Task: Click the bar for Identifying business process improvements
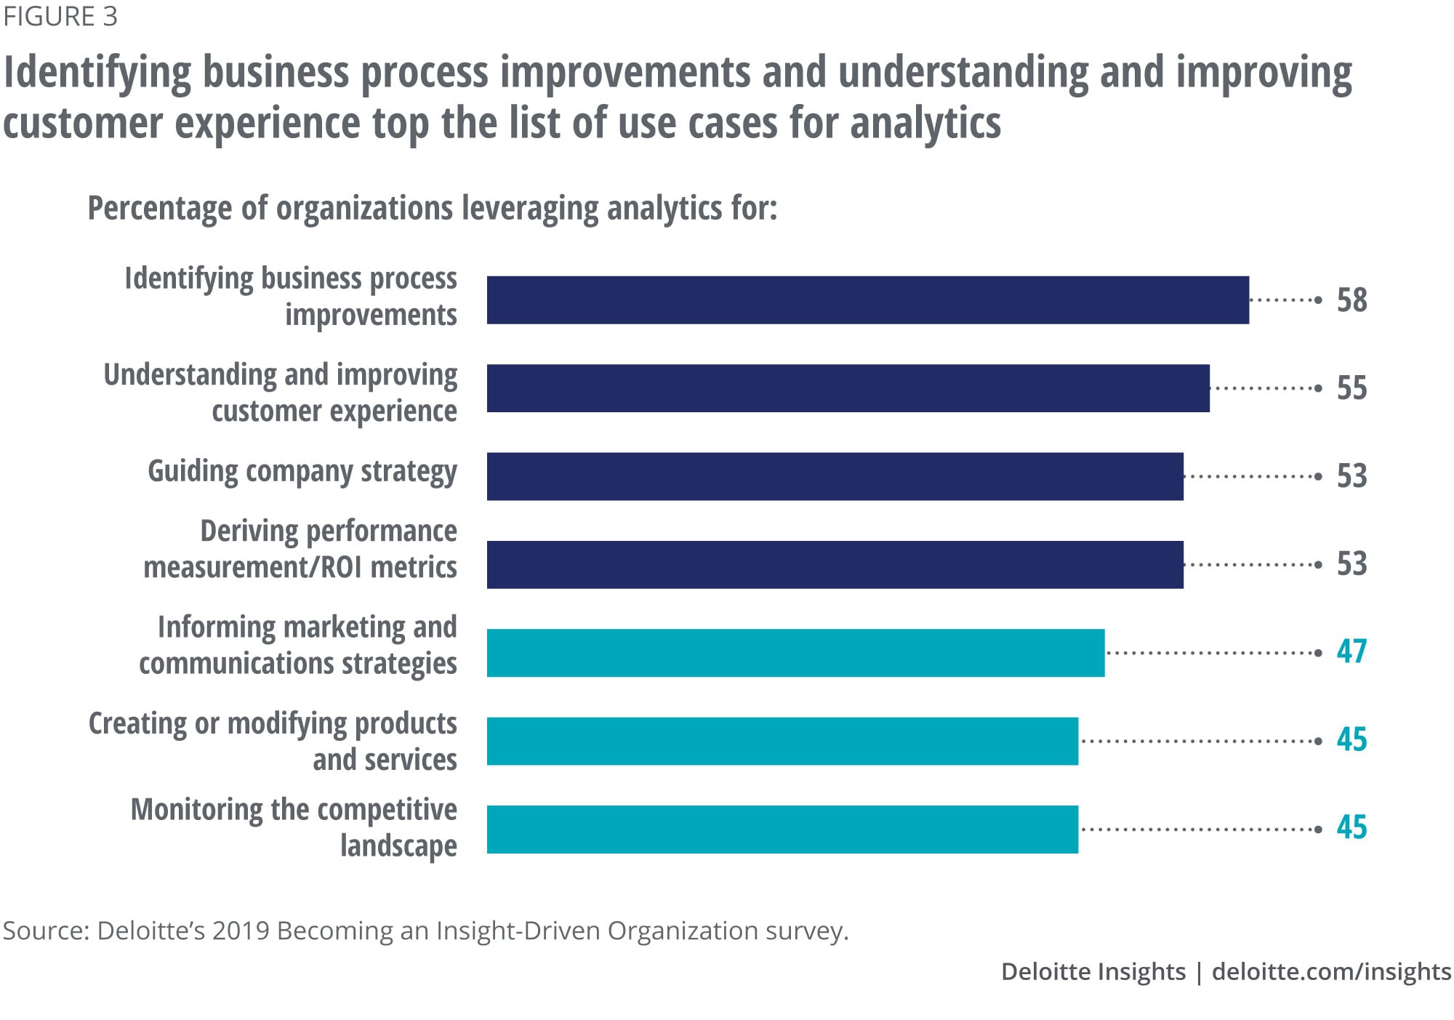pos(867,300)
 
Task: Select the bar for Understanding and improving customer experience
pos(848,388)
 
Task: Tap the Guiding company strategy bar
pos(835,476)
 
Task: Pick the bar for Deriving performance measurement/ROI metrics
pos(835,564)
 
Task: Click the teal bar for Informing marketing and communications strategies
pos(795,653)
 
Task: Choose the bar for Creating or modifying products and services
pos(782,741)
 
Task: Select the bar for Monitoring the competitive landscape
pos(782,829)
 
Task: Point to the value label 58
pos(1351,300)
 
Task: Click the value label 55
pos(1351,388)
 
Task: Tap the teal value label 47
pos(1351,651)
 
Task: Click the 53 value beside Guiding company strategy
pos(1351,476)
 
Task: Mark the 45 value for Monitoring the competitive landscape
pos(1351,827)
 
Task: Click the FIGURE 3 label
pos(60,17)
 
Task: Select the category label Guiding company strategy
pos(302,472)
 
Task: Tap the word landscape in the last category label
pos(398,846)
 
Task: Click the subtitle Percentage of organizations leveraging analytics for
pos(433,208)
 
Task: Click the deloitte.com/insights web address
pos(1331,971)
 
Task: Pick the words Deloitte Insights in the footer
pos(1093,971)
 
